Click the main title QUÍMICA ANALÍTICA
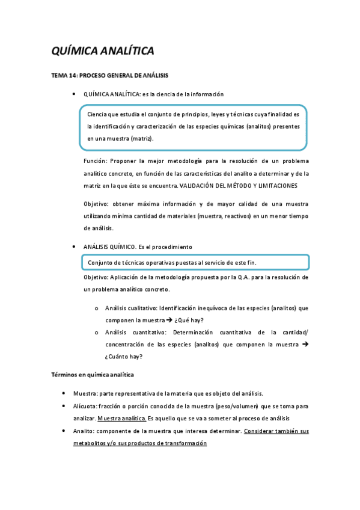(103, 51)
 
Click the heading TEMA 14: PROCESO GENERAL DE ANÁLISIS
(109, 76)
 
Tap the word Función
(96, 161)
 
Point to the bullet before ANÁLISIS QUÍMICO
(73, 247)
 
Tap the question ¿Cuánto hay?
(124, 356)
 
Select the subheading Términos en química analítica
(92, 375)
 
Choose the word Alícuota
(96, 406)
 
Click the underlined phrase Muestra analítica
(121, 418)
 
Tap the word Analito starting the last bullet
(94, 431)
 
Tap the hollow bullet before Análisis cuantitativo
(97, 332)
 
